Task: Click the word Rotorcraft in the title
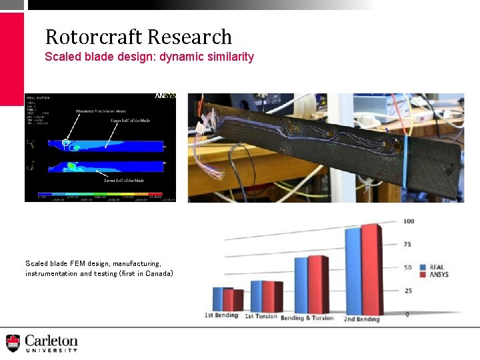click(94, 37)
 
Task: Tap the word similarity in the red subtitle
click(230, 57)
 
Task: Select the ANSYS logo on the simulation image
click(166, 96)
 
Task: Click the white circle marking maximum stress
click(65, 142)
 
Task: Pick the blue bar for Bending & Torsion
click(301, 286)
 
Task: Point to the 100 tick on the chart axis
click(409, 221)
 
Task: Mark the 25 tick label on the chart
click(408, 291)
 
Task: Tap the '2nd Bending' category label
click(362, 319)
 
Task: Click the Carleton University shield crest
click(13, 343)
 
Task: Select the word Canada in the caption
click(157, 273)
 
